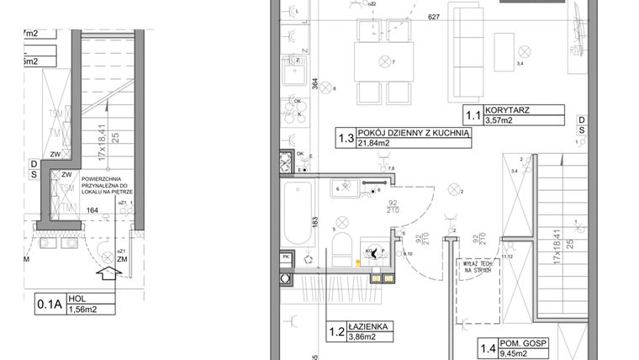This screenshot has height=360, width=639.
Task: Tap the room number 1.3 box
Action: pos(345,138)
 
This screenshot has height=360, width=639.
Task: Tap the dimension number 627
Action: pos(434,16)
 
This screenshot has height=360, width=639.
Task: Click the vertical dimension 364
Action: pos(314,85)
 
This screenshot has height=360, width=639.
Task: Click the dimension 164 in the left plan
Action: pos(93,210)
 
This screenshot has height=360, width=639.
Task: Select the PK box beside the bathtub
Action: pos(287,257)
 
